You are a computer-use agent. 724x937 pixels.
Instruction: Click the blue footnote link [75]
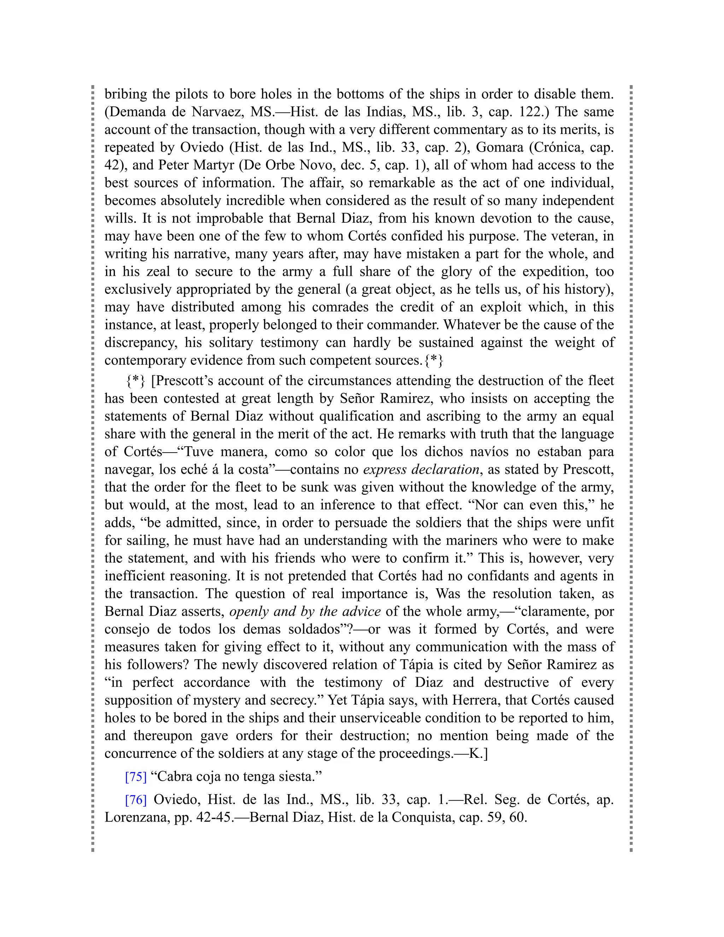click(x=135, y=777)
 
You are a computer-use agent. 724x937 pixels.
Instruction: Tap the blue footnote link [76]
click(x=135, y=800)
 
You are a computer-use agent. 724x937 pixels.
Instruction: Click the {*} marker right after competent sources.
click(x=434, y=360)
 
